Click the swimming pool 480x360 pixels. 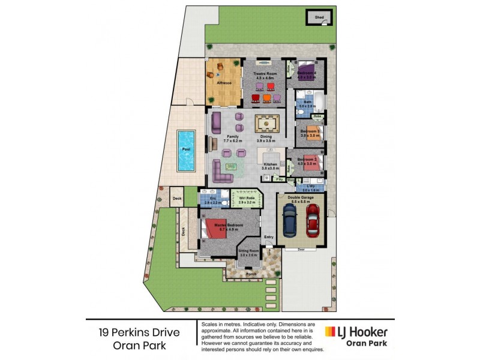click(187, 150)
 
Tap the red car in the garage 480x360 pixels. click(313, 220)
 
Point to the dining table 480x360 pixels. click(267, 124)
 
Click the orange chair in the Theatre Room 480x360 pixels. click(266, 98)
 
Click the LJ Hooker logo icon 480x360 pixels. click(329, 332)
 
